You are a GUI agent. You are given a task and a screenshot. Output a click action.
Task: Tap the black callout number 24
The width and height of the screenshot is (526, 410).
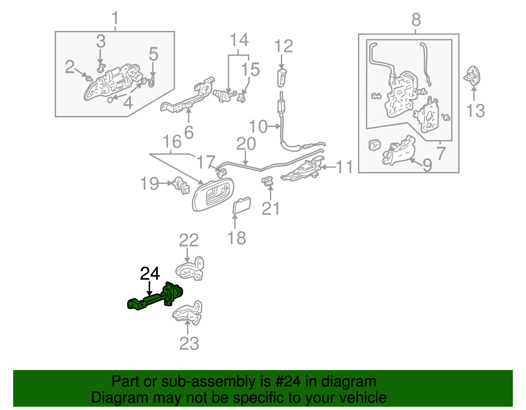[150, 273]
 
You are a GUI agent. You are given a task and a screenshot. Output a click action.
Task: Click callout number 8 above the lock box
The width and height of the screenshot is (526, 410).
[416, 20]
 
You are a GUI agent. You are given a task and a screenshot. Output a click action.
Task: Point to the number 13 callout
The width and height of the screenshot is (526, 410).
[475, 111]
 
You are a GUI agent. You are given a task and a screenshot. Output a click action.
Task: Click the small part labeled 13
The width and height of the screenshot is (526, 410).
[472, 76]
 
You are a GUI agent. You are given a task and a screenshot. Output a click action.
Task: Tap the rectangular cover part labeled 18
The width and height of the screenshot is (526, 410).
[242, 205]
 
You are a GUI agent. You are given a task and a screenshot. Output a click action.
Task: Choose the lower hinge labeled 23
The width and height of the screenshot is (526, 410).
[188, 312]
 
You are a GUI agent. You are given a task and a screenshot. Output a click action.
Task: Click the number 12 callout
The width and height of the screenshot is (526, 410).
[283, 46]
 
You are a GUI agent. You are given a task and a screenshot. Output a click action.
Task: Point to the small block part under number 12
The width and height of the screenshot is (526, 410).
[282, 78]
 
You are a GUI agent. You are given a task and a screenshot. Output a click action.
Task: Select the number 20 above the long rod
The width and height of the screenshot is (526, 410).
[246, 144]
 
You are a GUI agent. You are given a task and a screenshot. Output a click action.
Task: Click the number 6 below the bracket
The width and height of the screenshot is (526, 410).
[189, 132]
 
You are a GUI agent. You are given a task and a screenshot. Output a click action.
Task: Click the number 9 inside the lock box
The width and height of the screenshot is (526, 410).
[427, 165]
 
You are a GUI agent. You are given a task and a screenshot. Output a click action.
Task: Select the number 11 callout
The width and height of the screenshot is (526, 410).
[345, 167]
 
